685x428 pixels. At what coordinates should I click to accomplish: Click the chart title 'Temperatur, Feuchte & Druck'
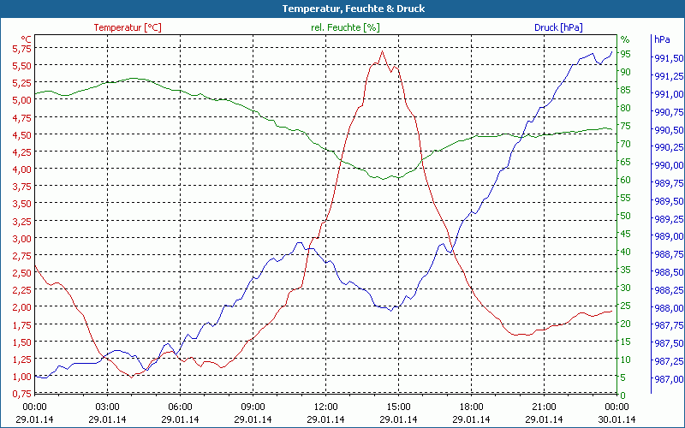pyautogui.click(x=342, y=9)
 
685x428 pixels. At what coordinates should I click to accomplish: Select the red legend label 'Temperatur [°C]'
pyautogui.click(x=127, y=27)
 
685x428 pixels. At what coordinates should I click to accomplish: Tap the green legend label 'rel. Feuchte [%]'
pyautogui.click(x=344, y=27)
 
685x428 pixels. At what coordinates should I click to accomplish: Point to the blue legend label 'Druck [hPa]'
pyautogui.click(x=558, y=27)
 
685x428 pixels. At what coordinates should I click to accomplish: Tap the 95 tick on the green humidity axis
pyautogui.click(x=626, y=54)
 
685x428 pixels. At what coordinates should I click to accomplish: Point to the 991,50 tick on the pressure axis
pyautogui.click(x=668, y=58)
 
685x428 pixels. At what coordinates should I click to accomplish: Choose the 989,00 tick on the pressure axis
pyautogui.click(x=668, y=236)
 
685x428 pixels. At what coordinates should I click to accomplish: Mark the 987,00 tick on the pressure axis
pyautogui.click(x=668, y=379)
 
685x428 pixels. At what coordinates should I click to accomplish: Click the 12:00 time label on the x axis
pyautogui.click(x=326, y=407)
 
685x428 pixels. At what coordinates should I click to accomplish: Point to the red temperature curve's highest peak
pyautogui.click(x=383, y=51)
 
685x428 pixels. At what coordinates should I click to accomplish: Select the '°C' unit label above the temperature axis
pyautogui.click(x=27, y=39)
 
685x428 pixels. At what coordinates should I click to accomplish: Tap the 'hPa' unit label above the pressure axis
pyautogui.click(x=662, y=39)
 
